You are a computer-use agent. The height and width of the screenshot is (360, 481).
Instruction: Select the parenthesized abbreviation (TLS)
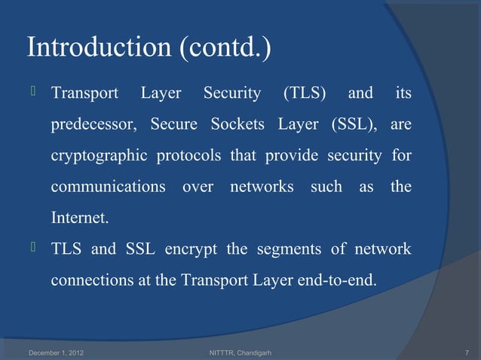coord(305,94)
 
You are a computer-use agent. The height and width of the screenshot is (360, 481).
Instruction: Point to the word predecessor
coord(96,125)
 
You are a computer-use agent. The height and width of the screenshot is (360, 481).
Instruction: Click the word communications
coord(109,187)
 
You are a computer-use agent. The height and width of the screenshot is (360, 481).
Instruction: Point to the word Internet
coord(79,218)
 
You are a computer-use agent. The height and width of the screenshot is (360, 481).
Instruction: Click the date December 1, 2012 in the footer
coord(57,352)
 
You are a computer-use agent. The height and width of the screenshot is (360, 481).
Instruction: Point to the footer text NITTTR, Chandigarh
coord(239,352)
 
